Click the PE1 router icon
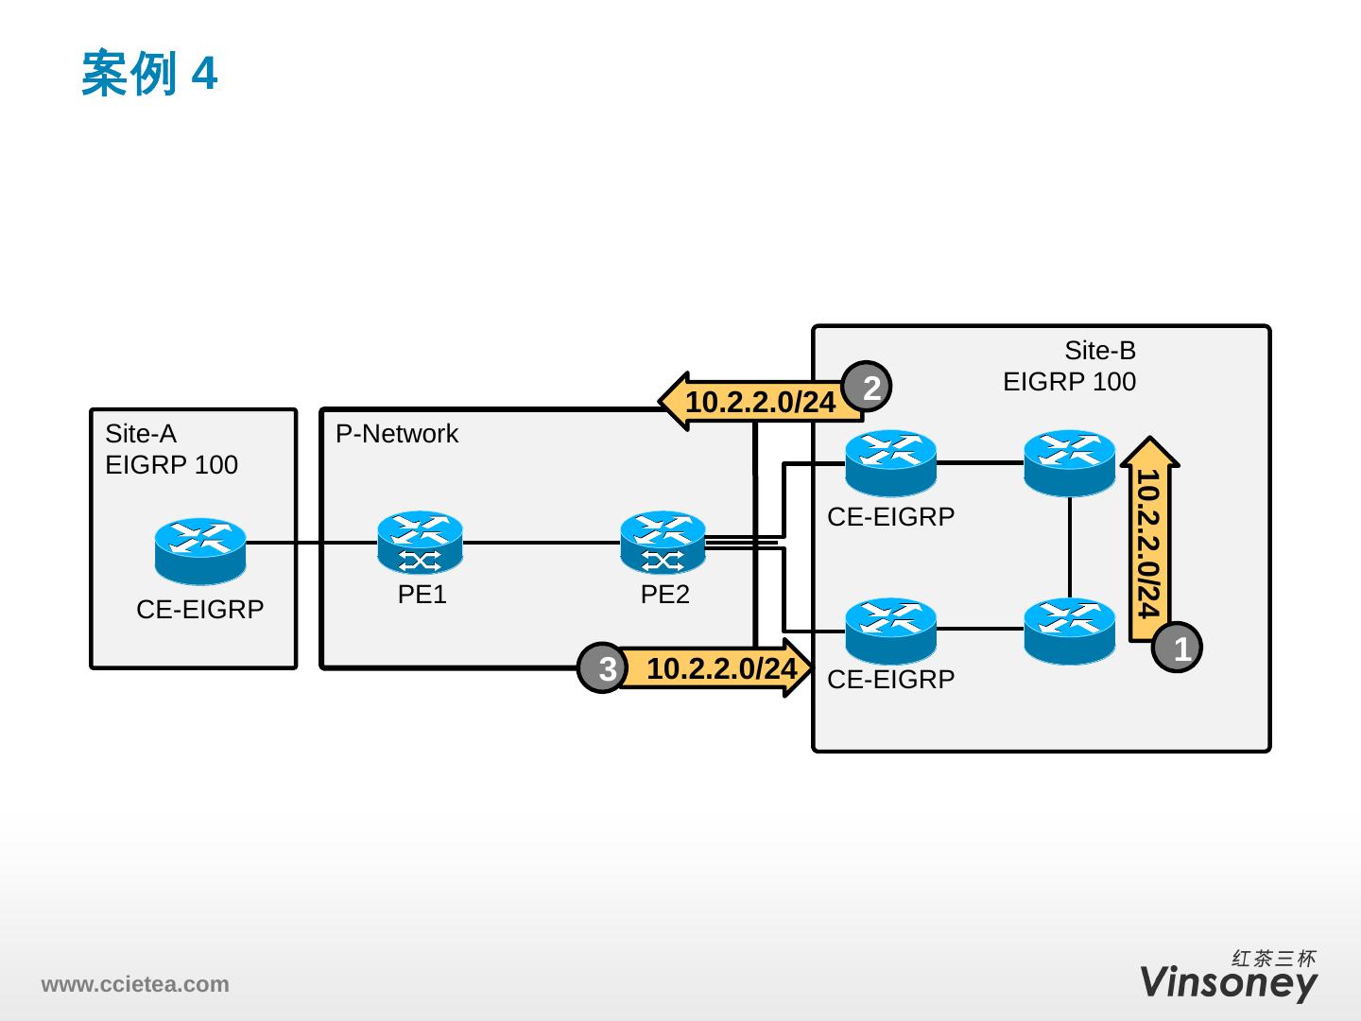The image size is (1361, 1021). coord(420,543)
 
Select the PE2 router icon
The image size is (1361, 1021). coord(663,543)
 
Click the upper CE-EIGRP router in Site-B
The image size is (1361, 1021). coord(890,463)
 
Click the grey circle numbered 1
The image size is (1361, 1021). coord(1180,648)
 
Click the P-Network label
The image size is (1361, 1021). coord(397,434)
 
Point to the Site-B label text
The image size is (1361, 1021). coord(1100,351)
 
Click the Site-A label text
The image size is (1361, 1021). coord(141,434)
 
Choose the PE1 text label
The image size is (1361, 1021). coord(422,595)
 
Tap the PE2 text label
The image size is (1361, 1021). coord(664,595)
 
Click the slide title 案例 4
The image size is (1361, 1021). coord(149,74)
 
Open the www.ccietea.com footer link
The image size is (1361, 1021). coord(134,984)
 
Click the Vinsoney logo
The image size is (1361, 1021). coord(1228,982)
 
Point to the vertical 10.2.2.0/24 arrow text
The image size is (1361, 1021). coord(1148,544)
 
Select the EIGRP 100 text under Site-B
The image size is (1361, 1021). coord(1069,382)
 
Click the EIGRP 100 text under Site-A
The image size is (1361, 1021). coord(171,465)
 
